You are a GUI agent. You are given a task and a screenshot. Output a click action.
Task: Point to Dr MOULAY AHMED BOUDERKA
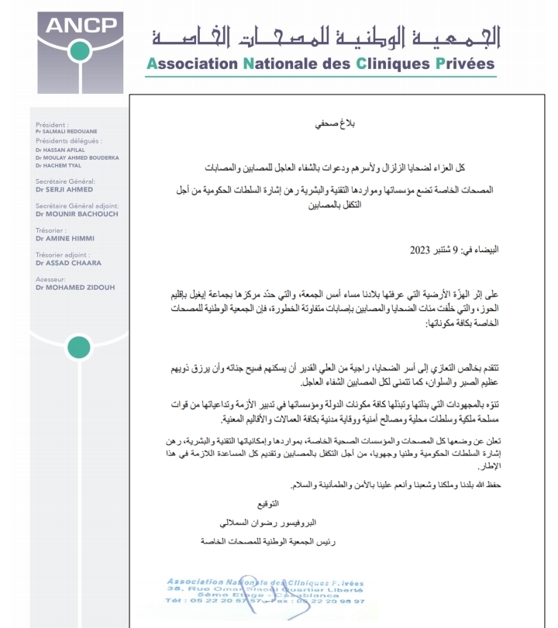tap(77, 157)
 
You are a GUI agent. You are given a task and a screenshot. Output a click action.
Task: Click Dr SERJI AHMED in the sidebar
tap(64, 189)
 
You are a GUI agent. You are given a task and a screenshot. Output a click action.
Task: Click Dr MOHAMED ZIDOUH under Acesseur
tap(74, 288)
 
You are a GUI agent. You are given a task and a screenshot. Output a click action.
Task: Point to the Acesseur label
tap(50, 280)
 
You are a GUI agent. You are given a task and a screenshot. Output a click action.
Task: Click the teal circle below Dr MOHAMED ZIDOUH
tap(78, 347)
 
